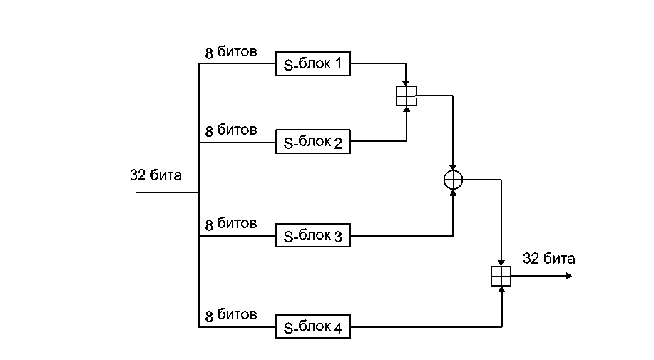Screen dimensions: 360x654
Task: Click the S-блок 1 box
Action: (x=313, y=65)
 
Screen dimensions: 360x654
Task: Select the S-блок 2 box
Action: (x=313, y=143)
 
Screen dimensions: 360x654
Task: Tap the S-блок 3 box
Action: (x=313, y=236)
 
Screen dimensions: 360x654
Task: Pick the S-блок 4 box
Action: (x=313, y=328)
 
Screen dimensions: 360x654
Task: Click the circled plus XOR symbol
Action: (x=453, y=180)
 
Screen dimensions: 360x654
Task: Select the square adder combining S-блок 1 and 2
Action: (x=406, y=96)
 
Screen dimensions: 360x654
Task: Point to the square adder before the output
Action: (x=501, y=276)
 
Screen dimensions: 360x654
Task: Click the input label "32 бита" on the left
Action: (x=155, y=175)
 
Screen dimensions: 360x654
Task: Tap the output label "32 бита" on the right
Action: (x=548, y=259)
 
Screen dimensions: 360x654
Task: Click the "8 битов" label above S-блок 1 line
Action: (x=231, y=53)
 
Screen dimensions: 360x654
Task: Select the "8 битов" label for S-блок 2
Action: (x=231, y=130)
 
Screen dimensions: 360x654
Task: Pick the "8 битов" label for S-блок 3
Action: (x=231, y=224)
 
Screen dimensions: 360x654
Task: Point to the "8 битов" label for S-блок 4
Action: (x=231, y=315)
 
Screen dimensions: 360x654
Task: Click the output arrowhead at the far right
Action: (x=568, y=276)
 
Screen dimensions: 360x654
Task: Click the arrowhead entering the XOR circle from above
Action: (x=453, y=167)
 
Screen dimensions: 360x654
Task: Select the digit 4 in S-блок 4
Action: (x=338, y=329)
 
